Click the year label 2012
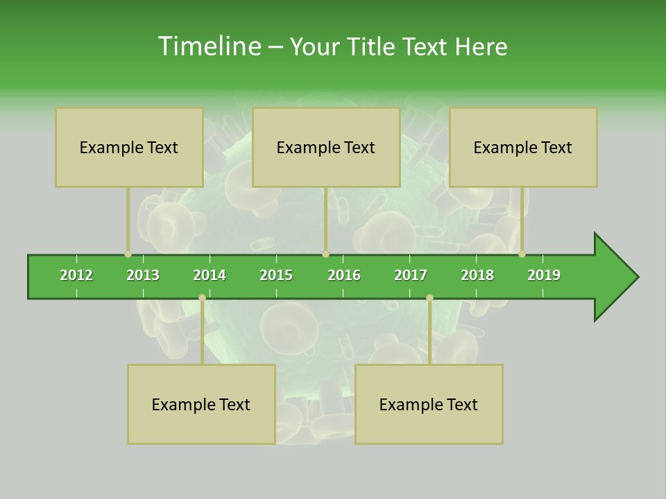click(76, 275)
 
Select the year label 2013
click(143, 275)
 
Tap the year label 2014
click(210, 275)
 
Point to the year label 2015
click(276, 275)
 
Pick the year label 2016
click(344, 275)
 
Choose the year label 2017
click(411, 275)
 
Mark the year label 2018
click(477, 275)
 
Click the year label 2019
click(544, 275)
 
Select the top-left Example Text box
click(129, 148)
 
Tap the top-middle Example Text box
click(326, 148)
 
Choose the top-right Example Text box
click(523, 148)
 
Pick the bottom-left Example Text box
click(201, 405)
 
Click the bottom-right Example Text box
click(429, 405)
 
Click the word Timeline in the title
click(208, 46)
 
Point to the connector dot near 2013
click(128, 254)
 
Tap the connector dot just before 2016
click(325, 254)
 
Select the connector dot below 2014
click(202, 297)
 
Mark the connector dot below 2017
click(429, 297)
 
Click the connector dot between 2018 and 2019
click(522, 254)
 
